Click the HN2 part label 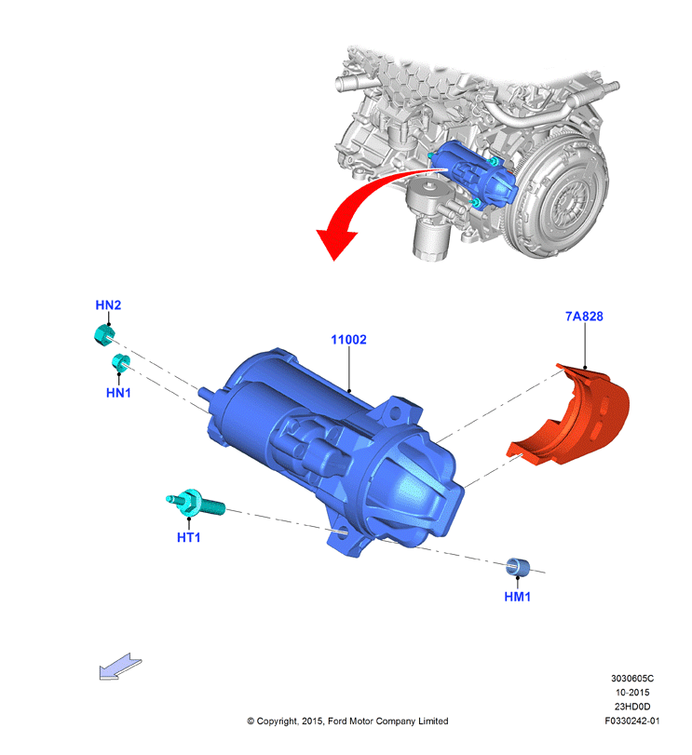pos(108,304)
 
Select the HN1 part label pos(118,393)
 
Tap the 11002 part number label pos(348,340)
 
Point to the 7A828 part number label pos(584,317)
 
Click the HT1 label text pos(189,537)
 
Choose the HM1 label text pos(518,597)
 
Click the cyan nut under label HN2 pos(104,334)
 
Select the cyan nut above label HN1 pos(121,362)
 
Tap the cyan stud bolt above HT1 pos(195,503)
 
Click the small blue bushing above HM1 pos(518,567)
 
